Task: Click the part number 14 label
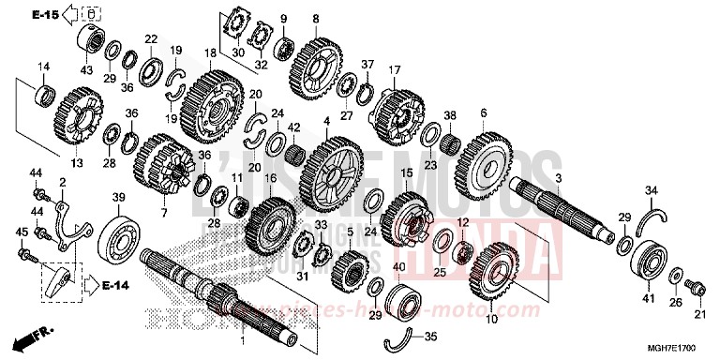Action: coord(43,66)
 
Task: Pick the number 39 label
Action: coord(119,197)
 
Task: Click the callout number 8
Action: coord(316,19)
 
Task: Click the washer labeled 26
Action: coord(675,275)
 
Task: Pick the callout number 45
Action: coord(22,232)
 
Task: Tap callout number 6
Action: coord(484,112)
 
